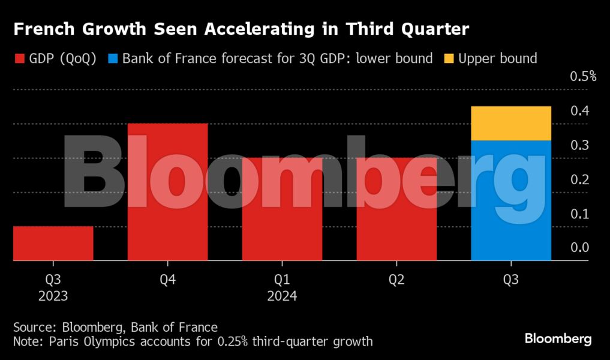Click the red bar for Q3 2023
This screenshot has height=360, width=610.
click(53, 244)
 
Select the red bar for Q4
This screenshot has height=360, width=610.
click(167, 192)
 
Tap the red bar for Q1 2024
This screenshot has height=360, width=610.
click(282, 209)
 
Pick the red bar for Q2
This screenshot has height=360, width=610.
click(396, 209)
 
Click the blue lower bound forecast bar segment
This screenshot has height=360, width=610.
click(511, 200)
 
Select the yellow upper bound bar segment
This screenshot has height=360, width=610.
click(511, 124)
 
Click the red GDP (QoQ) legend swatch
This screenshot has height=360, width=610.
click(19, 59)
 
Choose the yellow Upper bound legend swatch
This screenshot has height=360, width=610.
click(449, 59)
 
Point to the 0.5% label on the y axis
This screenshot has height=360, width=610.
click(582, 76)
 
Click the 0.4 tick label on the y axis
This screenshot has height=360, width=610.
click(579, 110)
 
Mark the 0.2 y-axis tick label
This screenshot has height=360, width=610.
click(579, 179)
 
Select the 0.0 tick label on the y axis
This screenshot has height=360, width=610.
click(579, 247)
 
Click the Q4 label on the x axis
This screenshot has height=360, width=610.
click(167, 280)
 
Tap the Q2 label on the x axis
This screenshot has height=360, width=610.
click(396, 280)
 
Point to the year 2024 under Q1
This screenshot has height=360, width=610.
click(282, 296)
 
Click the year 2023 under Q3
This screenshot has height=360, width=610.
click(53, 296)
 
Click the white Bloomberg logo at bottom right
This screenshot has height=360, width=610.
click(558, 339)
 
